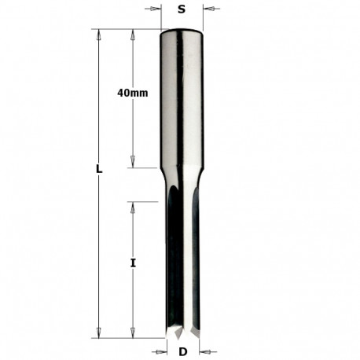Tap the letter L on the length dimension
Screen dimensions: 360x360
coord(97,168)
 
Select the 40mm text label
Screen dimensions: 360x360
coord(132,93)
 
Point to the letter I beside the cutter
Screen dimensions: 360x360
coord(133,264)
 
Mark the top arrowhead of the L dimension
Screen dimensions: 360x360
coord(98,34)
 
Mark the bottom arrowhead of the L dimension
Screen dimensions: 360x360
coord(98,332)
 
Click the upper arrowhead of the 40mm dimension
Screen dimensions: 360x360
coord(133,34)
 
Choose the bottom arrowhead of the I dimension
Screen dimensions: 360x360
coord(133,332)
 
